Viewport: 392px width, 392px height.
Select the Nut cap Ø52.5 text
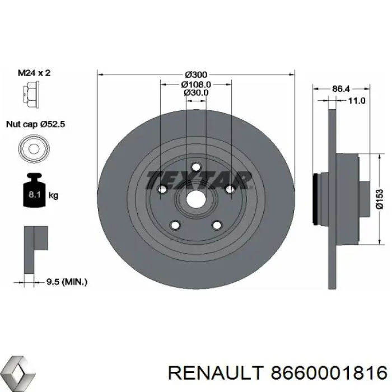pyautogui.click(x=36, y=125)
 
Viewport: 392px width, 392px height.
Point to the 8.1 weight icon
pyautogui.click(x=32, y=193)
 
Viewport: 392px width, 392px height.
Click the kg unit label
pyautogui.click(x=54, y=196)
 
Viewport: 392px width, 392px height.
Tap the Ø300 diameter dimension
pyautogui.click(x=195, y=74)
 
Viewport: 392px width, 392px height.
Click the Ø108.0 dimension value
pyautogui.click(x=195, y=84)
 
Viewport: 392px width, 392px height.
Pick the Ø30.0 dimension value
pyautogui.click(x=195, y=92)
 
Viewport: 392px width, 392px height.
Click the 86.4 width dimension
pyautogui.click(x=341, y=88)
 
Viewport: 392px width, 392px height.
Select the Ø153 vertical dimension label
pyautogui.click(x=379, y=199)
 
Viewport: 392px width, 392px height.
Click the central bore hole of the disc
pyautogui.click(x=195, y=198)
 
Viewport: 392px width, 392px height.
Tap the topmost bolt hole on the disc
pyautogui.click(x=195, y=166)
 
